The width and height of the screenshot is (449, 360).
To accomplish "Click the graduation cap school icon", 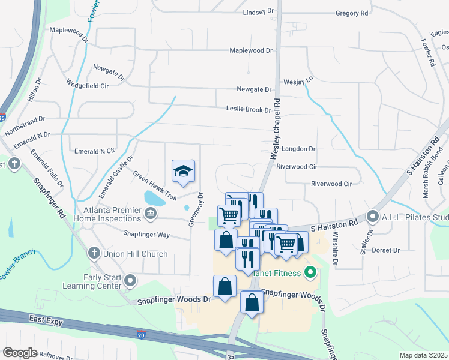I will (x=184, y=172).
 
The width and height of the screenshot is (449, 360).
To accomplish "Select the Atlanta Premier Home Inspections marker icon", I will (x=150, y=212).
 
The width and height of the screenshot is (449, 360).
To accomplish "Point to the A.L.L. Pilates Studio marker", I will (x=373, y=217).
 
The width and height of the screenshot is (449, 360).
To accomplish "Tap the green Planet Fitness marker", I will (x=310, y=274).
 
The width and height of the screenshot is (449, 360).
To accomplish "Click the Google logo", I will (x=20, y=352).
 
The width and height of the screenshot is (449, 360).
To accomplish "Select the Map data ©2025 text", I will (x=424, y=355).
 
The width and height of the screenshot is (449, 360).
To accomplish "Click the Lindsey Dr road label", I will (x=259, y=12).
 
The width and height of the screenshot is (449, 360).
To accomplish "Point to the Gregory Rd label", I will (x=352, y=13).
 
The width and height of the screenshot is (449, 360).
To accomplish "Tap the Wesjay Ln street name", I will (x=298, y=80).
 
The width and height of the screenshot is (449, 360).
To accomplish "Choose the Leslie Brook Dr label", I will (x=249, y=109).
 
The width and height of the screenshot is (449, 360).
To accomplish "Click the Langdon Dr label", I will (x=295, y=148).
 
